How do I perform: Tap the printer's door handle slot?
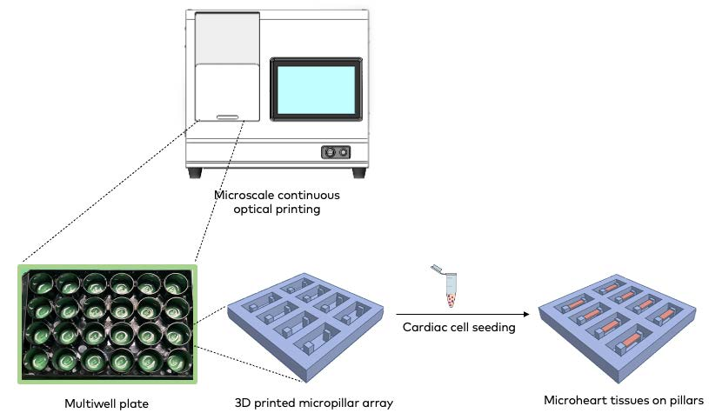click(227, 116)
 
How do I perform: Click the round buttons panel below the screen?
click(335, 151)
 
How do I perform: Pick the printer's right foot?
click(358, 172)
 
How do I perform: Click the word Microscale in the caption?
click(245, 195)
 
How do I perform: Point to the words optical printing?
click(277, 210)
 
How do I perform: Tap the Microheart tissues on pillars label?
click(623, 401)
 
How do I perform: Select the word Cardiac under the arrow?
click(421, 328)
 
